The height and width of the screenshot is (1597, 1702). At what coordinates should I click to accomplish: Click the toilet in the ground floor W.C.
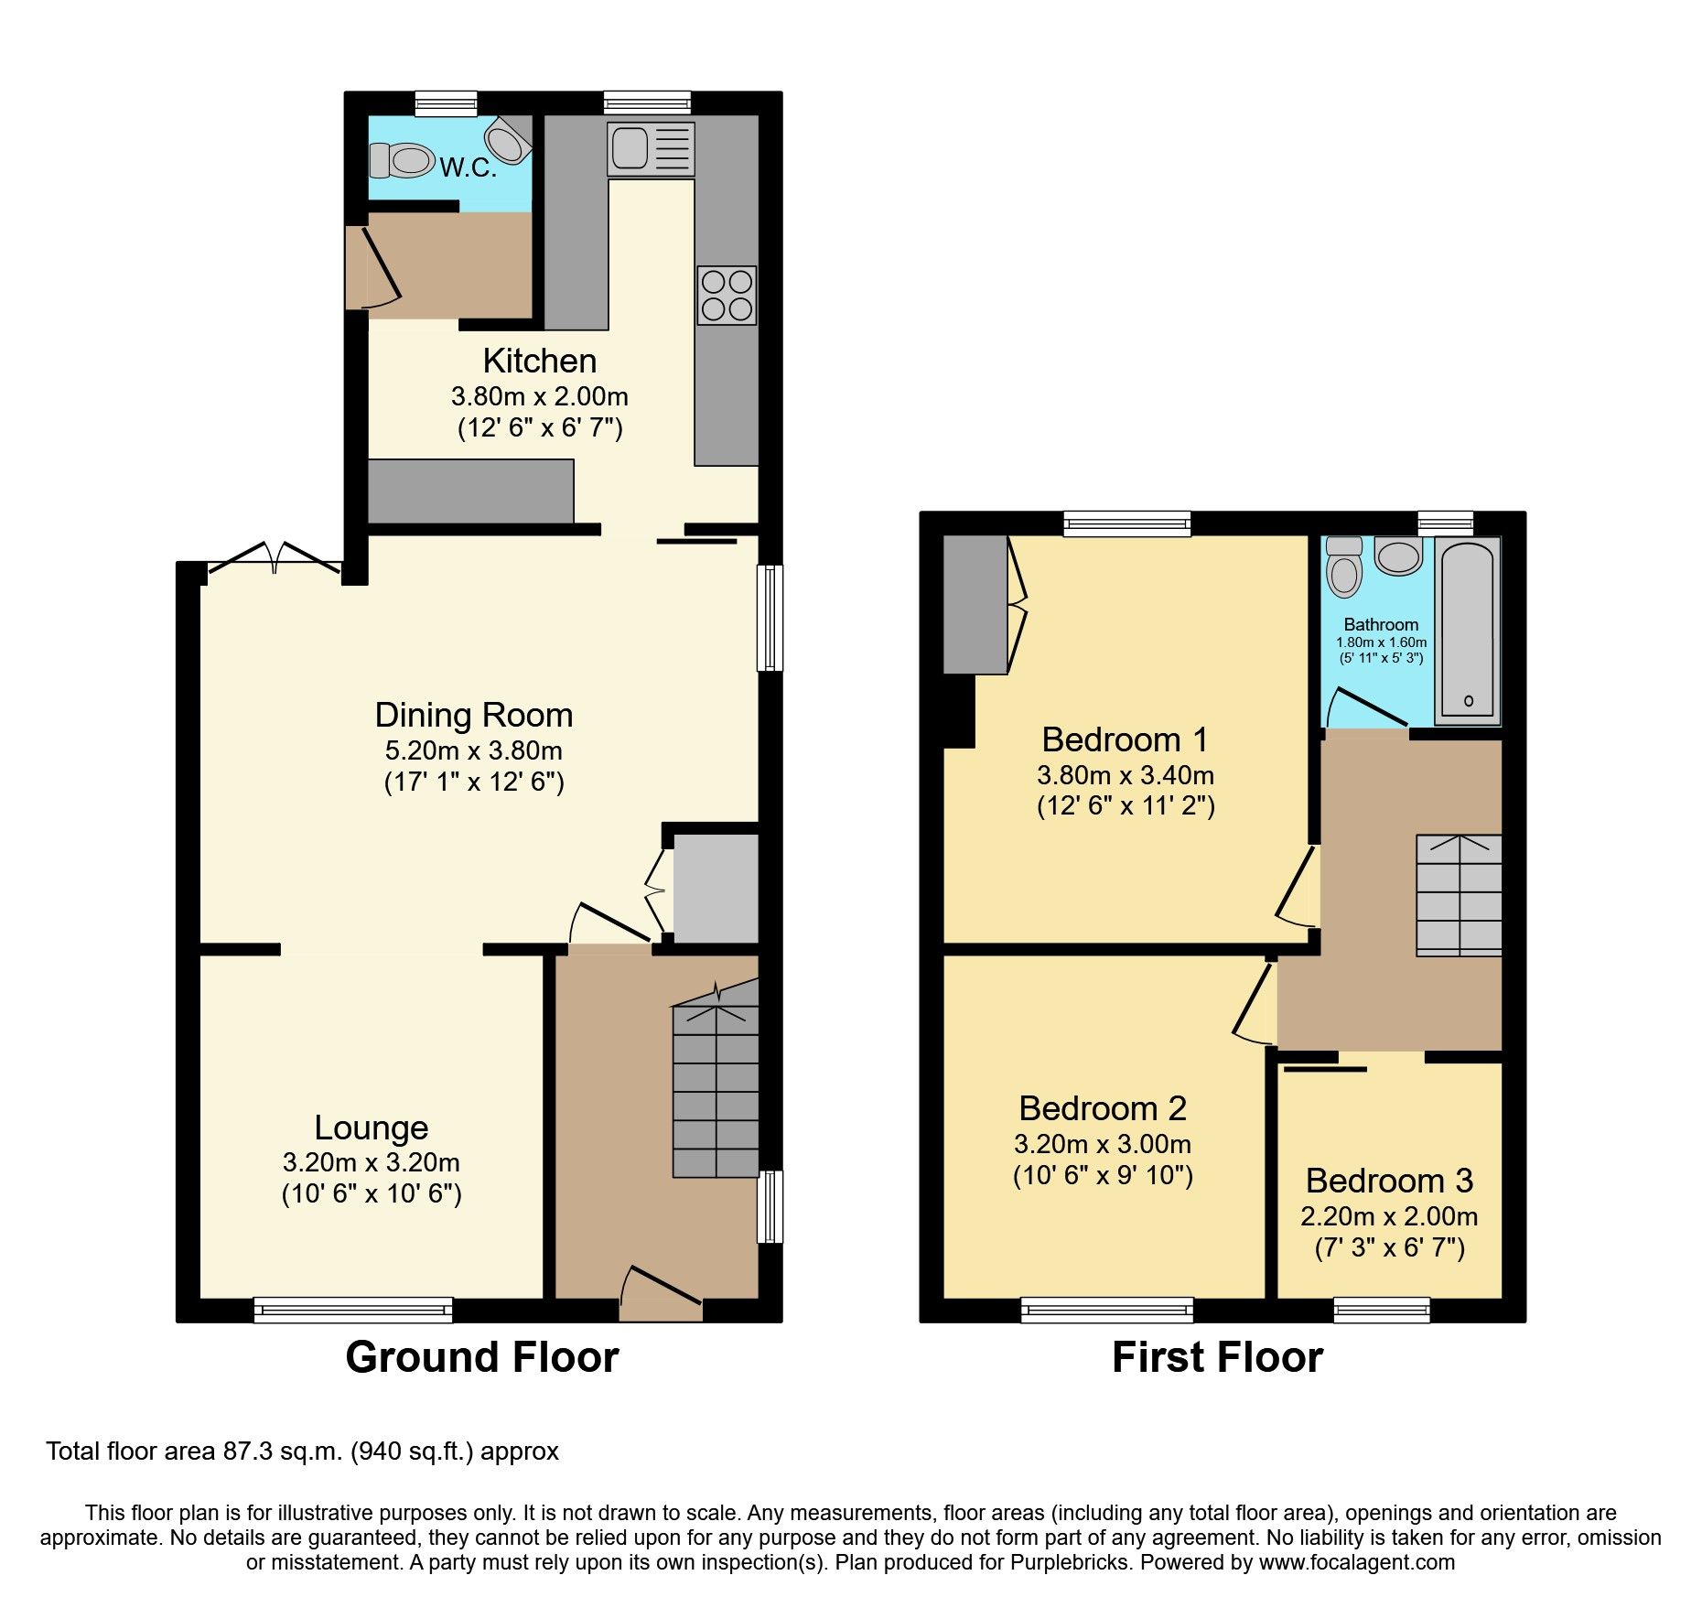coord(402,161)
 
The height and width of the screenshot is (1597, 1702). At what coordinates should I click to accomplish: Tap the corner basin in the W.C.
coord(506,139)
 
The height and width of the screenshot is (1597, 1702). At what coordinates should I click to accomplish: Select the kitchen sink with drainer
coord(651,149)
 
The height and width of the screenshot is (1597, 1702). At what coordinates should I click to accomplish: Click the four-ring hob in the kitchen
coord(727,296)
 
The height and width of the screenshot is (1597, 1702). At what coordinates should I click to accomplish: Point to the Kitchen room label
coord(539,361)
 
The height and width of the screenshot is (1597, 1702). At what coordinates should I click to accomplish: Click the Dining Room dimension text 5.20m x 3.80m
coord(473,751)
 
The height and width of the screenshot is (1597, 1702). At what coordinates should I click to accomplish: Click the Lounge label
coord(371,1128)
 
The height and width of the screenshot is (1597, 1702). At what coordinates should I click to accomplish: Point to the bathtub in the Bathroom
coord(1468,630)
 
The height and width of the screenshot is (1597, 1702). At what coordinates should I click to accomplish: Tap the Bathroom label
coord(1381,625)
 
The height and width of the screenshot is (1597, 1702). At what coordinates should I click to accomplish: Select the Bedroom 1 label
coord(1125,739)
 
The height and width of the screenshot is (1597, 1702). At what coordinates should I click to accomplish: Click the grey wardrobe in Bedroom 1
coord(975,604)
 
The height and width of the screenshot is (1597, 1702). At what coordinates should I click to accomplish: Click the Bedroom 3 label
coord(1388,1181)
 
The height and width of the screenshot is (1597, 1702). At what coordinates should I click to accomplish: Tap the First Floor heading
coord(1216,1357)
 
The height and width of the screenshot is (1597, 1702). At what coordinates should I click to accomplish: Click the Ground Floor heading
coord(482,1357)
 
